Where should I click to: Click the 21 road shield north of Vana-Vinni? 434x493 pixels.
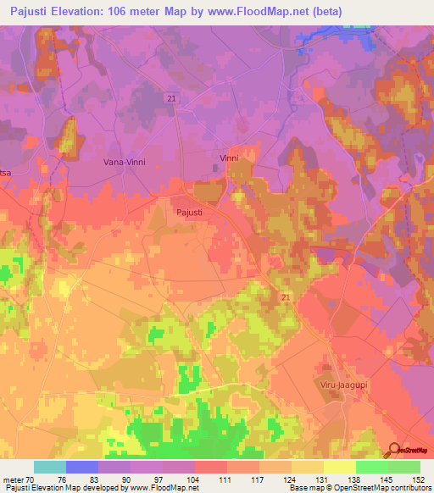click(x=172, y=99)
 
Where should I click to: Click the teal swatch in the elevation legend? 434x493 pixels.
click(x=50, y=467)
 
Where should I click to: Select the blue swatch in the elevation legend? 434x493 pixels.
click(x=82, y=467)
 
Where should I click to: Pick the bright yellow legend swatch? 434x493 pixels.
click(x=339, y=467)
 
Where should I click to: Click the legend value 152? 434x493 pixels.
click(x=419, y=479)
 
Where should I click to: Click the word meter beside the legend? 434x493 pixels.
click(x=14, y=479)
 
